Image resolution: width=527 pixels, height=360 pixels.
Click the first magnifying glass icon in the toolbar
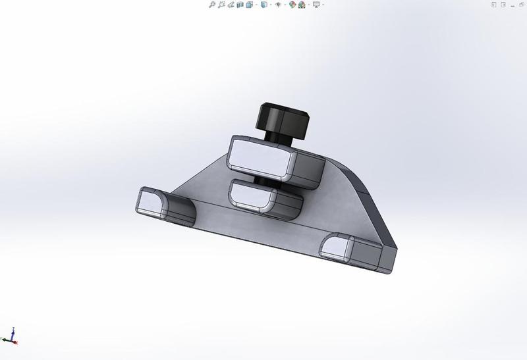coord(212,5)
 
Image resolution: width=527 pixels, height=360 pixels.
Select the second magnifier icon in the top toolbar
coord(222,5)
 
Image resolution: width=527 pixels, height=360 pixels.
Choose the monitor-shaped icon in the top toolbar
coord(316,5)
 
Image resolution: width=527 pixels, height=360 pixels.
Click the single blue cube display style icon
coord(263,5)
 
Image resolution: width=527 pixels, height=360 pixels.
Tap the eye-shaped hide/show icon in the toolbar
coord(278,5)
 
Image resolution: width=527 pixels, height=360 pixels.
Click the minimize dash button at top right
coord(505,5)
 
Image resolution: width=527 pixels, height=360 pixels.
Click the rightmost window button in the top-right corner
coord(520,5)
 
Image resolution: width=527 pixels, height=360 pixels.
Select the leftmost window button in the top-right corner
coord(493,5)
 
